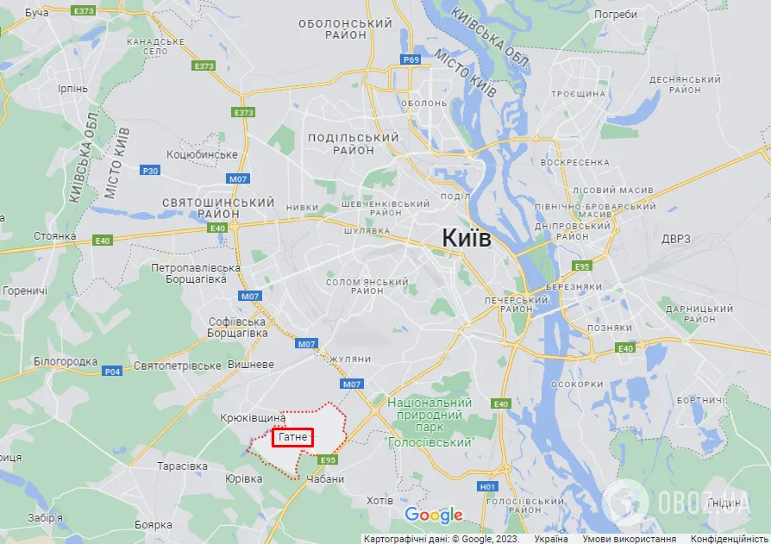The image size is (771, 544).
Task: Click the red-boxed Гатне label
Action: coord(293,438)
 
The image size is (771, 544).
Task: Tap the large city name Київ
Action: coord(466,238)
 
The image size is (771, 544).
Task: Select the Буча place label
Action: coord(37,13)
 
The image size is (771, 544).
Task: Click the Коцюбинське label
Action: coord(202,154)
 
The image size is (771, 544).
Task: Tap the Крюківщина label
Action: coord(252,417)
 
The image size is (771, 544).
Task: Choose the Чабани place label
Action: coord(324,479)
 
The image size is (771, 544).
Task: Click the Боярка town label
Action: coord(154,524)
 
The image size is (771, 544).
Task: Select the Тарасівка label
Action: coord(182,466)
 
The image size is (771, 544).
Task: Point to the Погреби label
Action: coord(616,15)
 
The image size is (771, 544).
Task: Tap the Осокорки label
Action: coord(575,385)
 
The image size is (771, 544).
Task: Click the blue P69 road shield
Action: coord(411,59)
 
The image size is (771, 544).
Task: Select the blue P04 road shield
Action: coord(112,372)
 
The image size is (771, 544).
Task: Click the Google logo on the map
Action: coord(434,516)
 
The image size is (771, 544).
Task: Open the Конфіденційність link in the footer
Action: coord(729,538)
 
